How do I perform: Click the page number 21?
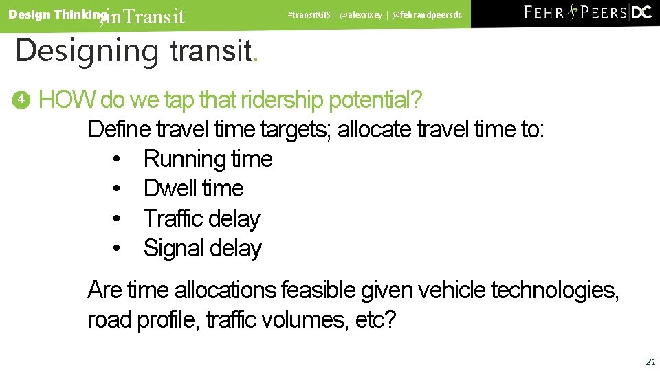pos(650,361)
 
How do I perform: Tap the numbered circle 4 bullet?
pos(21,100)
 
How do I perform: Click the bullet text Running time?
pos(208,159)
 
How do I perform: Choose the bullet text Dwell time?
pos(193,188)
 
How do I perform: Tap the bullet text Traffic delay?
pos(201,218)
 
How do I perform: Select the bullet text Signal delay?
pos(202,248)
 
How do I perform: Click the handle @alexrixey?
pos(362,14)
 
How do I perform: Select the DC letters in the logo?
pos(641,12)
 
